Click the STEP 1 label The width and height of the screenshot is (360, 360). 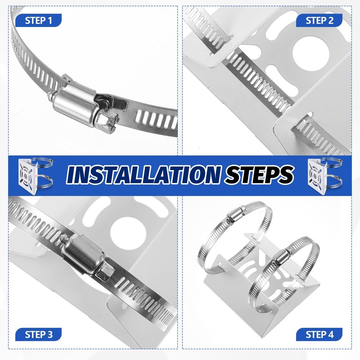38,20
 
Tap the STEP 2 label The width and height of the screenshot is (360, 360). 319,20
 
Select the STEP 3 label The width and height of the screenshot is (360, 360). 38,334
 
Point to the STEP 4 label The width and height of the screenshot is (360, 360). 319,334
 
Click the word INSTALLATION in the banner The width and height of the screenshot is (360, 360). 143,175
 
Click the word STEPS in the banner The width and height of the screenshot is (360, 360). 260,175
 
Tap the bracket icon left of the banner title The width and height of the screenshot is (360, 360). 35,175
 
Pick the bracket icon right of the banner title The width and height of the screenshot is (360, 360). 324,175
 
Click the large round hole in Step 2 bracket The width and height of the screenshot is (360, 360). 311,54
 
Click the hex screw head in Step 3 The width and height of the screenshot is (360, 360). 105,272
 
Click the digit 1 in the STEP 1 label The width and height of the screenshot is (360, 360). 49,20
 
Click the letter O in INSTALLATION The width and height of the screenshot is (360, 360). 197,175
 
